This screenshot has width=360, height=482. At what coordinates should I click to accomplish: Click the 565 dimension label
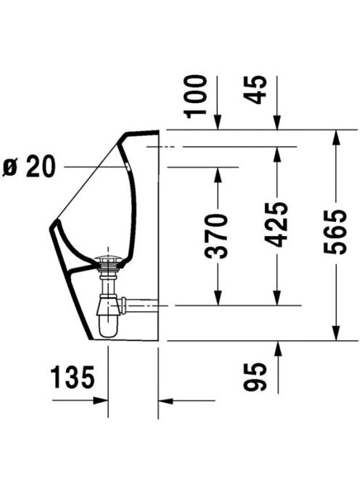[335, 232]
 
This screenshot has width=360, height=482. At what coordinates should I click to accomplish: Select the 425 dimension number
[277, 225]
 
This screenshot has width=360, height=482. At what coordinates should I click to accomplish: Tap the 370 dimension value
[216, 236]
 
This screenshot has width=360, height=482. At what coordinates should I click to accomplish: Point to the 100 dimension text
[195, 97]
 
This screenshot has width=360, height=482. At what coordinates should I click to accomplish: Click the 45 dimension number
[254, 89]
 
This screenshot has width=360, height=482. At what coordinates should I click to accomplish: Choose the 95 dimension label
[254, 377]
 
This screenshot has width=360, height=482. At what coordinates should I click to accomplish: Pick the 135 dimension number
[73, 377]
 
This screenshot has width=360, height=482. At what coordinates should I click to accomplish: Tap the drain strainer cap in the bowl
[107, 258]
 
